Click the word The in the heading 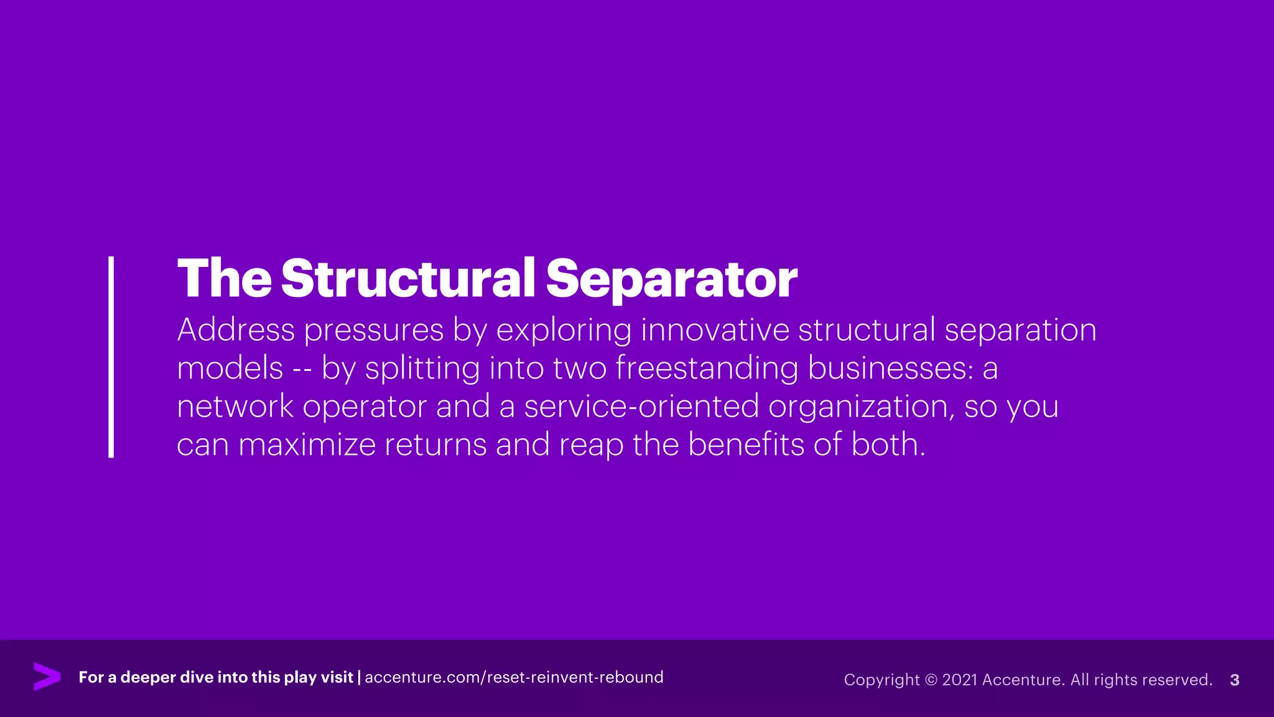coord(224,278)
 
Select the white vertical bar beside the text coord(111,357)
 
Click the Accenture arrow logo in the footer coord(47,677)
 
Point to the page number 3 coord(1235,680)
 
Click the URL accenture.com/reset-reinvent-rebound coord(514,677)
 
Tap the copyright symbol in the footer coord(931,680)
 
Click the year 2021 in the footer coord(960,680)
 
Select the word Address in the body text coord(236,330)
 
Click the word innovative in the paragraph coord(715,330)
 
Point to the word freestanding coord(707,368)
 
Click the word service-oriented coord(641,406)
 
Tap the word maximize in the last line coord(307,445)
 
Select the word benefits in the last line coord(746,445)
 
